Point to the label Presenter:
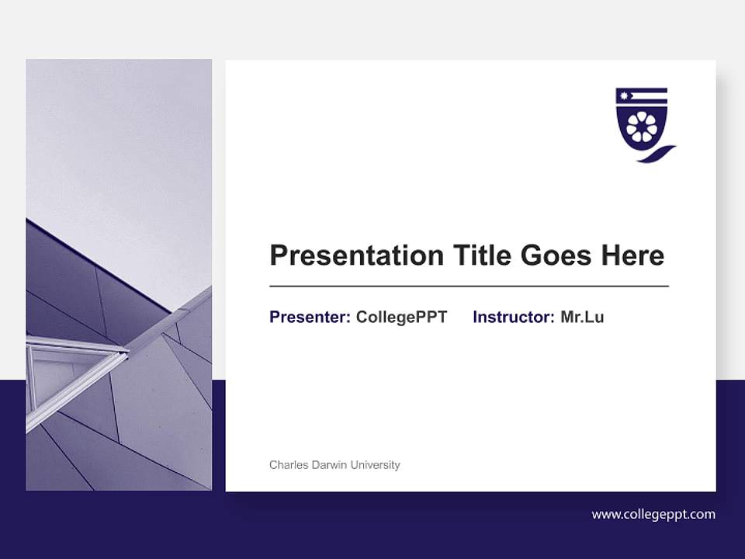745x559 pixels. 310,317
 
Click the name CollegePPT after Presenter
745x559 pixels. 401,317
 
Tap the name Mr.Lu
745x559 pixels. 582,317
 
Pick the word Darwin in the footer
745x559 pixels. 329,465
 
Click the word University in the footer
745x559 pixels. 375,465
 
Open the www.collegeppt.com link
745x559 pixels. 653,514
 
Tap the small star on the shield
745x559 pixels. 622,96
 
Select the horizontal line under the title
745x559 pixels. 469,286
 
